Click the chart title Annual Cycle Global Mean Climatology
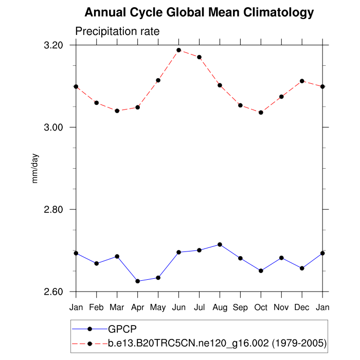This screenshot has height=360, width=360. (199, 12)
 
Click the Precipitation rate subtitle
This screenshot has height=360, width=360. (117, 31)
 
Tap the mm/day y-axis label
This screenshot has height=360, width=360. (35, 168)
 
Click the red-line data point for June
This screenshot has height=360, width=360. (179, 50)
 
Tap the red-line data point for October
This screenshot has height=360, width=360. (261, 112)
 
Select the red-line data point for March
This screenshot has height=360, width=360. (117, 111)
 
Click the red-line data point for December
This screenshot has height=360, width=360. (302, 81)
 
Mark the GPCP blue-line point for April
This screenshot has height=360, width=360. (138, 281)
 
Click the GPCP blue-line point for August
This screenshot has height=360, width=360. (220, 244)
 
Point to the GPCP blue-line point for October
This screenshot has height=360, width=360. (261, 271)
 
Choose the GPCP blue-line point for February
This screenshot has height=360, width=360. (97, 263)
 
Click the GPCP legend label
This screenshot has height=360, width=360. (122, 329)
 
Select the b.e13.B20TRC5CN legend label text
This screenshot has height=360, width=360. (217, 343)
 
